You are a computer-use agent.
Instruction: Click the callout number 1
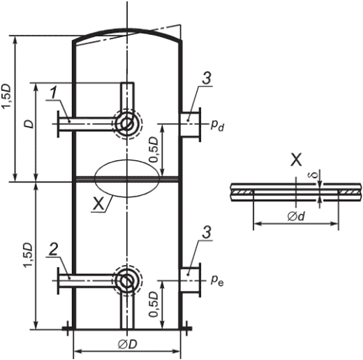54,94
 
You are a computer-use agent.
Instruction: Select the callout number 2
54,250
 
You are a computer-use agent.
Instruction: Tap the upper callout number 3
207,78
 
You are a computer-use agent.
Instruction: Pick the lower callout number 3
207,232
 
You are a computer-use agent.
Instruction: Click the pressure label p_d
217,126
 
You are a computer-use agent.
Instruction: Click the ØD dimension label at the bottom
127,345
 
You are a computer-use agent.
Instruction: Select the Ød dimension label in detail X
296,217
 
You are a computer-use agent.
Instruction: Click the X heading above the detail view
296,160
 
